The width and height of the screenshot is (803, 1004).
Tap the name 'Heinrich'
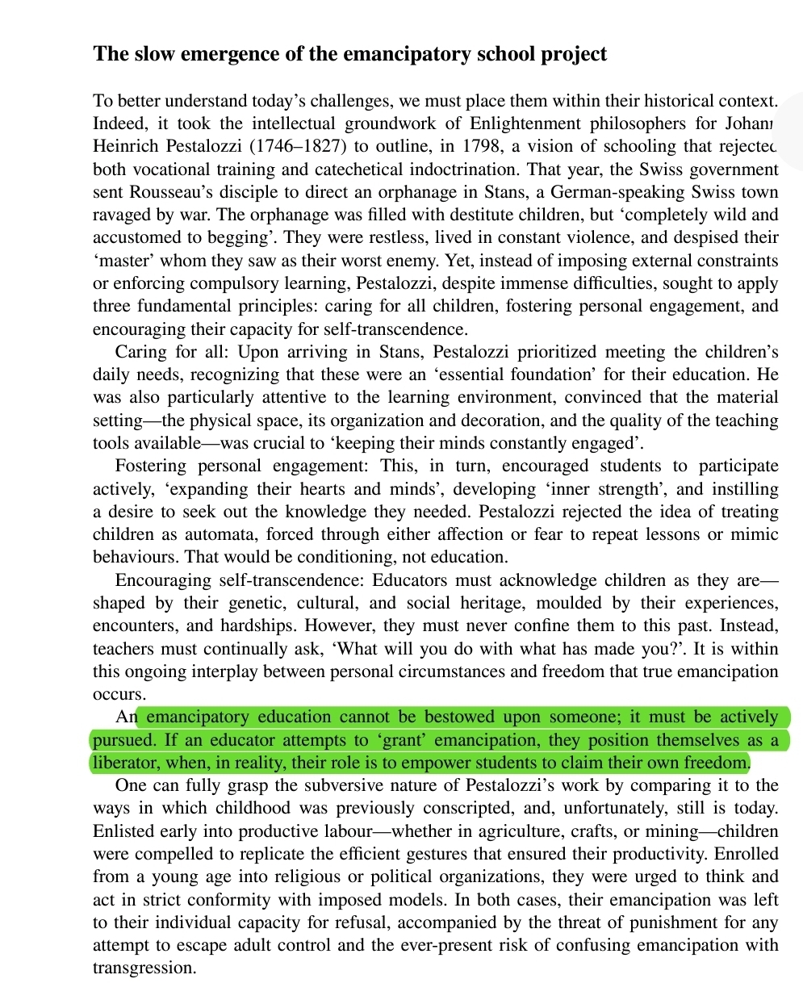(x=126, y=146)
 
